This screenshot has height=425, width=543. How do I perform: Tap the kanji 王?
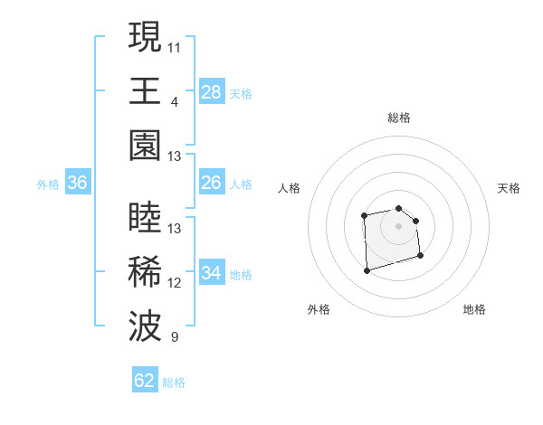[x=146, y=92]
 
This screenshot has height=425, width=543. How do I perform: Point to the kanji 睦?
[x=146, y=220]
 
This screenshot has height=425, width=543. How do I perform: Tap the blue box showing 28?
[x=211, y=92]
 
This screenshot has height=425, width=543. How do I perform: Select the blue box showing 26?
[x=211, y=184]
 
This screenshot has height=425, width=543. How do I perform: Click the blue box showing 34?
[x=211, y=274]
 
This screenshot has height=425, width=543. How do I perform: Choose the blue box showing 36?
[x=78, y=184]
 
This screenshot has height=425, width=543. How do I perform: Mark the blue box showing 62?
[x=145, y=381]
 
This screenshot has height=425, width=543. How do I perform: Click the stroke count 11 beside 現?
[x=175, y=45]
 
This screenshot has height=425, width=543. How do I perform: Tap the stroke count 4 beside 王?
[x=175, y=101]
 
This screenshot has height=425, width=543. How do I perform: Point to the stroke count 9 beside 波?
[x=175, y=338]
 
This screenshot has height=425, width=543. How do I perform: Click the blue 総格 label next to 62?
[x=174, y=382]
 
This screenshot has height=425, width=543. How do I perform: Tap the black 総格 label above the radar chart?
[x=399, y=118]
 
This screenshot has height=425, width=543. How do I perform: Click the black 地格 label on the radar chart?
[x=474, y=309]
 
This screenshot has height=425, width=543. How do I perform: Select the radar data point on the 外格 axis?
[x=367, y=269]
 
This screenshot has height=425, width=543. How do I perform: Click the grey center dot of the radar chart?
[x=398, y=225]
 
